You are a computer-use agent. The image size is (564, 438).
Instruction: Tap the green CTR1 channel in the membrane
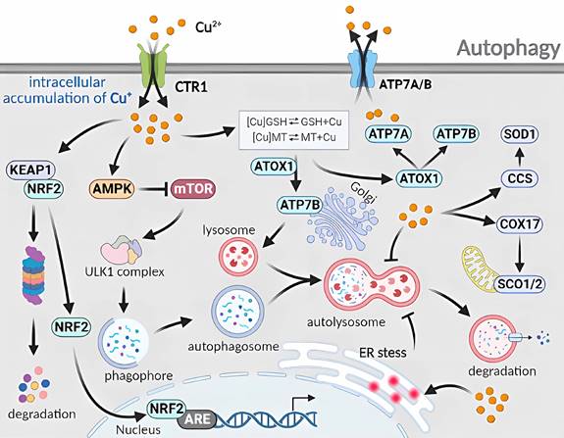click(160, 72)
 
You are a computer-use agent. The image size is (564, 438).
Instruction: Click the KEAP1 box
click(31, 168)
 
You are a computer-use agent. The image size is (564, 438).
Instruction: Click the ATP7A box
click(389, 133)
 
